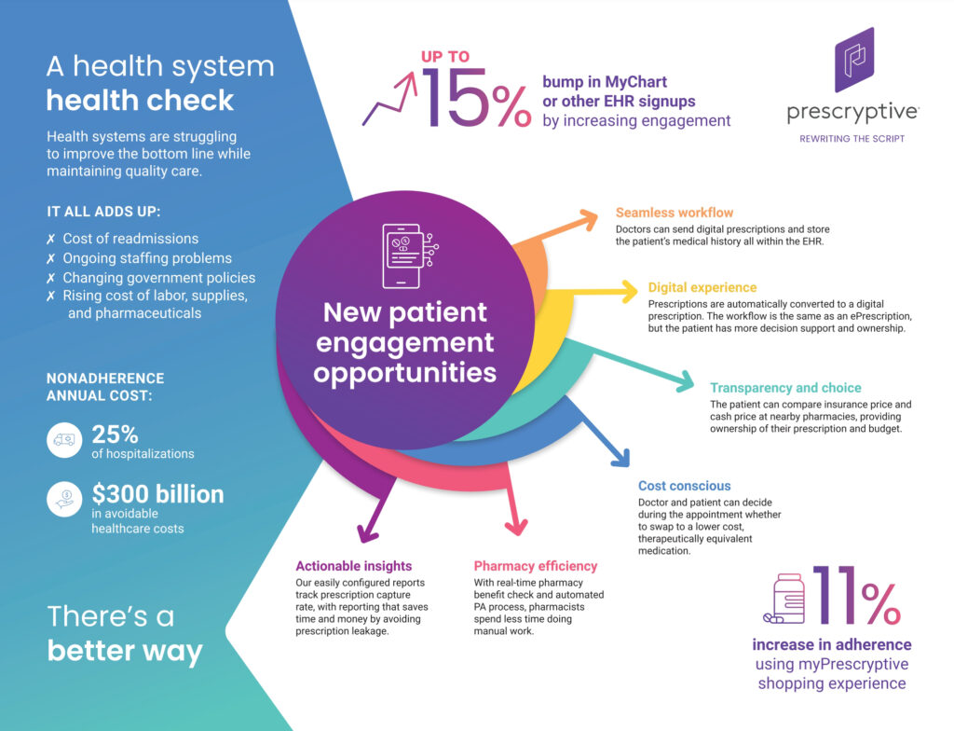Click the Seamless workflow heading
[675, 214]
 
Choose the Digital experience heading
[702, 288]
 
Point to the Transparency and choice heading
[785, 388]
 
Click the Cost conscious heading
[684, 486]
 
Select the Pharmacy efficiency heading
[536, 566]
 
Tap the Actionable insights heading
[353, 566]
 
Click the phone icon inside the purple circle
[402, 255]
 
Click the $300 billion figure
[157, 494]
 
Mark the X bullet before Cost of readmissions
[52, 240]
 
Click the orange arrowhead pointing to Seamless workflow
[587, 219]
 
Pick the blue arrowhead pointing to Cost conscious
[619, 456]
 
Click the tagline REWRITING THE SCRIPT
[852, 139]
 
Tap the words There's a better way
[125, 634]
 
